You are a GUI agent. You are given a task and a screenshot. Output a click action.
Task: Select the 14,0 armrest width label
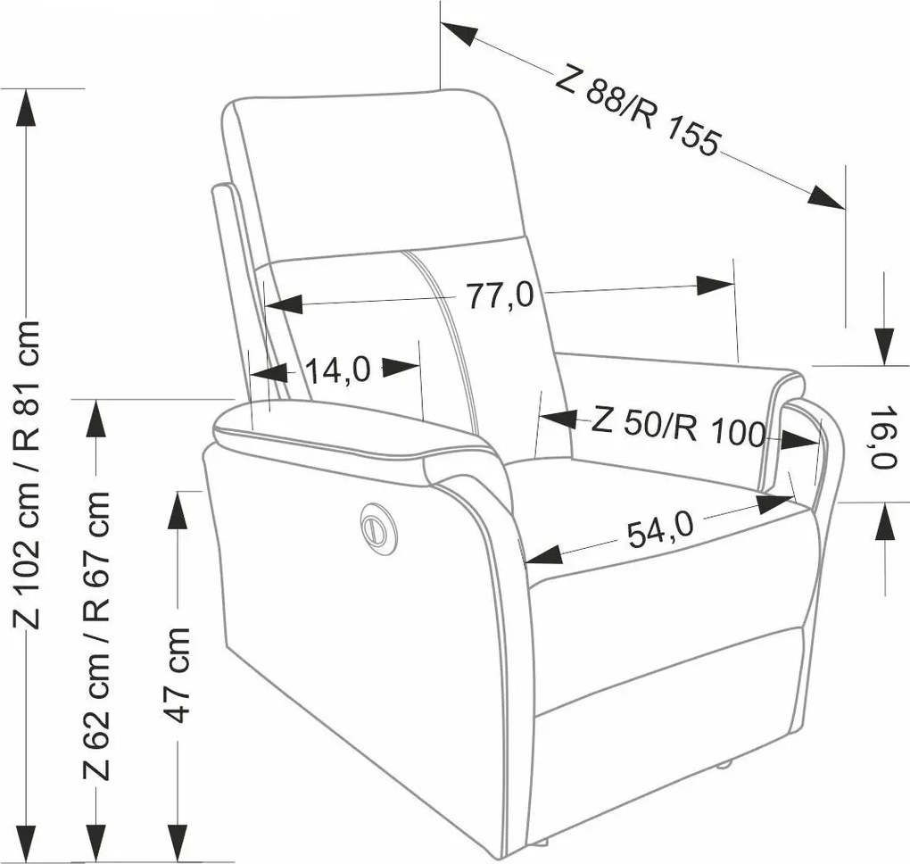coord(338,370)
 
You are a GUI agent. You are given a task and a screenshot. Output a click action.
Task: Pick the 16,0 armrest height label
coord(884,436)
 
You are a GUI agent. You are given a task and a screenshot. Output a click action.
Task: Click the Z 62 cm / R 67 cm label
coord(96,636)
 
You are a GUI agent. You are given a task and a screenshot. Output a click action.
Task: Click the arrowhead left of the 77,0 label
coord(284,303)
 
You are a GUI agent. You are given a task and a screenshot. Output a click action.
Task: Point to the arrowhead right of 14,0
coord(401,367)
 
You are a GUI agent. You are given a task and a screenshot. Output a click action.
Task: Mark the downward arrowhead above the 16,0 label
coord(884,346)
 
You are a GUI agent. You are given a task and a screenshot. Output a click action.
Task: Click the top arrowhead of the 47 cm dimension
coord(178,511)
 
